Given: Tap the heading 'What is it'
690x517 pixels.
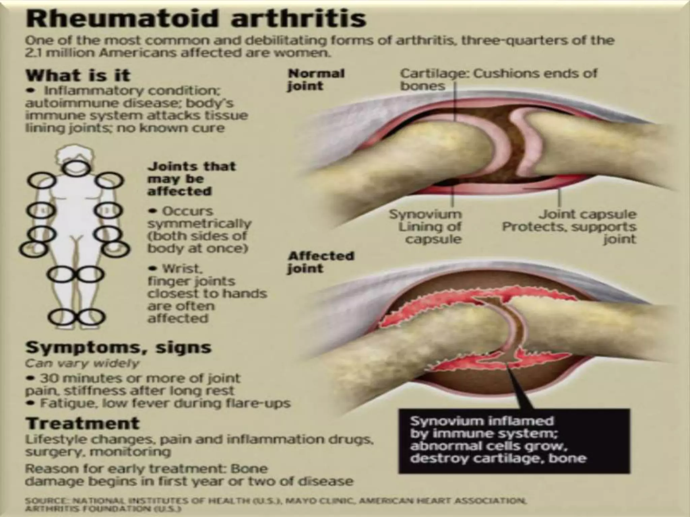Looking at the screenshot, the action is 78,75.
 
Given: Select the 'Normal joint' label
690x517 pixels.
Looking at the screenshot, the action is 316,79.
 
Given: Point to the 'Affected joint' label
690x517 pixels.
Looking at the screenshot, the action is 320,262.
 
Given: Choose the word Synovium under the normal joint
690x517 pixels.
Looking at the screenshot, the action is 425,214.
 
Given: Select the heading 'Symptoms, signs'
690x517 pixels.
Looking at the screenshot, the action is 118,347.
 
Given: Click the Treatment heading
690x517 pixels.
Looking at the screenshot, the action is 83,423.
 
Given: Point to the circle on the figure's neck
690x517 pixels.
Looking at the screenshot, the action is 76,168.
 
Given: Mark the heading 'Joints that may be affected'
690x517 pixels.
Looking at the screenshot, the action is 191,178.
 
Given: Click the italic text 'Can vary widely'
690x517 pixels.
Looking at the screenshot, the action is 82,364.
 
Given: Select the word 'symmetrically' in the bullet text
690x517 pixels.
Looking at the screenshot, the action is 199,223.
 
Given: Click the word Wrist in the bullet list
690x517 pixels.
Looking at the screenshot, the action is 182,269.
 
